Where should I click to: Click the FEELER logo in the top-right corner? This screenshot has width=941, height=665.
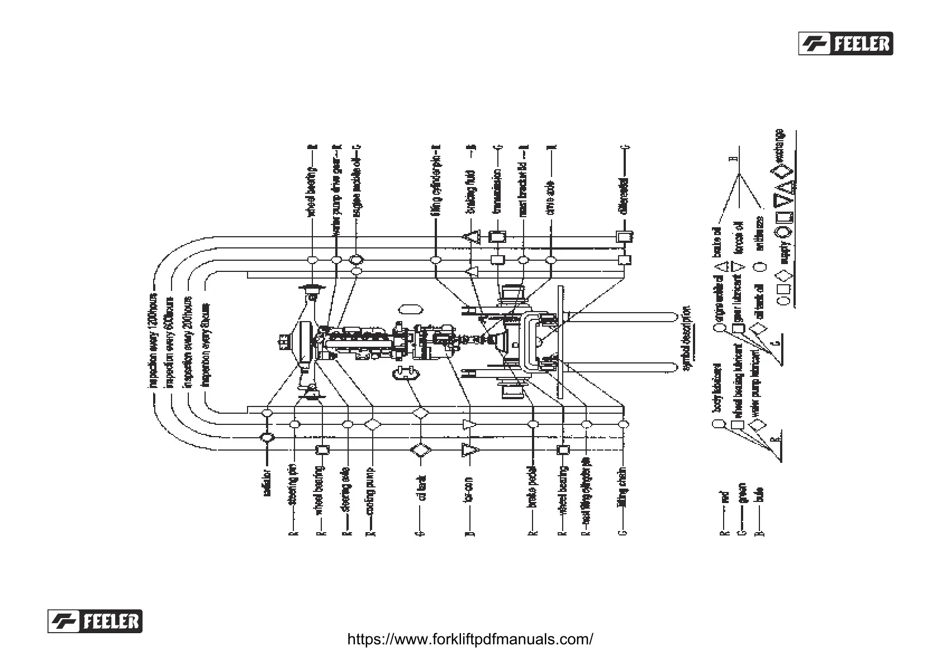click(845, 43)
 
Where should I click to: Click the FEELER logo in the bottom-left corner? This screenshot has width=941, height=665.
click(94, 621)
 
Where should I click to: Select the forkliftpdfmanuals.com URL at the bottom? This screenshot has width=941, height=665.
click(470, 639)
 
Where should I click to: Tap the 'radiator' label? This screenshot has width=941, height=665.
click(267, 482)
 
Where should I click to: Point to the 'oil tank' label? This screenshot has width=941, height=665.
click(421, 488)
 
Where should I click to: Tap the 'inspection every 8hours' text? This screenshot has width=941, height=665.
click(205, 345)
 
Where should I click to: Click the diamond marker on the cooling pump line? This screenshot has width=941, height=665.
click(373, 424)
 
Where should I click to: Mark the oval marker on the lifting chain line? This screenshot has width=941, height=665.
click(624, 424)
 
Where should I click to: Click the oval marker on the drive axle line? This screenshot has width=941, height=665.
click(552, 260)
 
